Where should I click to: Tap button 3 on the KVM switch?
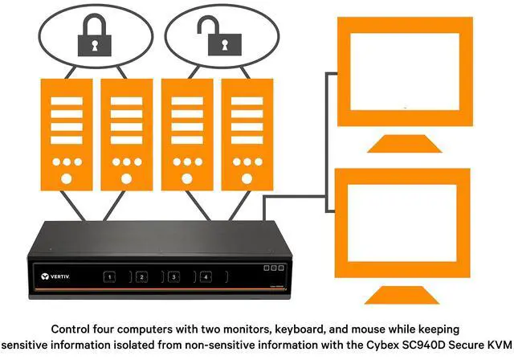pyautogui.click(x=173, y=276)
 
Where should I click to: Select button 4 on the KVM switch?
pyautogui.click(x=206, y=276)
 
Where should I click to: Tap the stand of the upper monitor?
pyautogui.click(x=402, y=144)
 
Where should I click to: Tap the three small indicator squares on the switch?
pyautogui.click(x=273, y=267)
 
